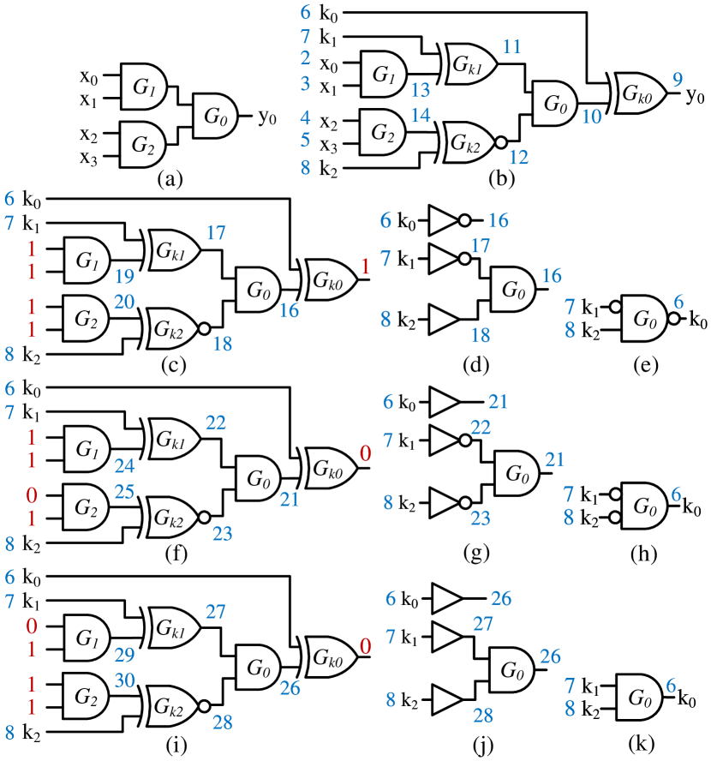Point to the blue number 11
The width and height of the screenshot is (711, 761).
(x=511, y=47)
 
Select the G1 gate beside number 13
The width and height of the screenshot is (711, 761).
(x=383, y=75)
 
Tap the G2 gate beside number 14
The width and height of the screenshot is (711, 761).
(x=382, y=132)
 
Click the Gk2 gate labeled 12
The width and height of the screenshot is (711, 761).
(x=468, y=142)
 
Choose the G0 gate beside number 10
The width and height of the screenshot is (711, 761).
(x=555, y=105)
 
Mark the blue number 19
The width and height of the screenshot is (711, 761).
(x=124, y=276)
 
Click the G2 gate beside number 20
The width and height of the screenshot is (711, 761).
(x=86, y=319)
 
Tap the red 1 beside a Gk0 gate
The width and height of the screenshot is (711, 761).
(x=365, y=267)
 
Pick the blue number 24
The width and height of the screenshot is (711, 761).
(x=124, y=466)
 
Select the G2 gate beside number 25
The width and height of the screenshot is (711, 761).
(x=86, y=507)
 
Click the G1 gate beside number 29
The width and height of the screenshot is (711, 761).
(x=87, y=638)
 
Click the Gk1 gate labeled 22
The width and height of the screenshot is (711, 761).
(x=175, y=439)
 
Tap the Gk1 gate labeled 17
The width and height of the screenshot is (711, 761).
(x=175, y=250)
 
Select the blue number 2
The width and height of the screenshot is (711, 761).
(x=305, y=59)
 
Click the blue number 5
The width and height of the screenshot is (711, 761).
(x=305, y=140)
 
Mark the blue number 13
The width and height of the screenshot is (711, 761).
(x=420, y=91)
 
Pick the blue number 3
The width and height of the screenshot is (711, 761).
(x=305, y=84)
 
